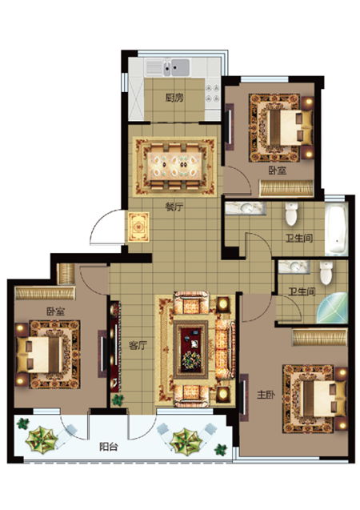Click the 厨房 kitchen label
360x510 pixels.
tap(174, 98)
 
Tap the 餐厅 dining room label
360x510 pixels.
tap(174, 207)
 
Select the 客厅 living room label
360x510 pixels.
tap(138, 345)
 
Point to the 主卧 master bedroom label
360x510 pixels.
tap(266, 395)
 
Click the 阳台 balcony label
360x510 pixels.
tap(109, 447)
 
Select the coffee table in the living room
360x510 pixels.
tap(190, 349)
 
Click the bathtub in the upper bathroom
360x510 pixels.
tap(336, 228)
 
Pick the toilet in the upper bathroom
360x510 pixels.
tap(291, 214)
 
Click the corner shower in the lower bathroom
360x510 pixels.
tap(333, 308)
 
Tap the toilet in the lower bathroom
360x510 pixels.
tap(326, 272)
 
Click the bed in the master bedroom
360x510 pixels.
tap(324, 399)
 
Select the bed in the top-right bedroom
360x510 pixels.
tap(290, 127)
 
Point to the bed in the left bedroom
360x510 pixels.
tap(40, 355)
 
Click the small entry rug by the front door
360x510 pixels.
tap(138, 227)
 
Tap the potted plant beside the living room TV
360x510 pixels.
tap(118, 400)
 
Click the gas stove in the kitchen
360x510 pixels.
tap(213, 94)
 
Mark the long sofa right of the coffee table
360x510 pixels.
tap(225, 349)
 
